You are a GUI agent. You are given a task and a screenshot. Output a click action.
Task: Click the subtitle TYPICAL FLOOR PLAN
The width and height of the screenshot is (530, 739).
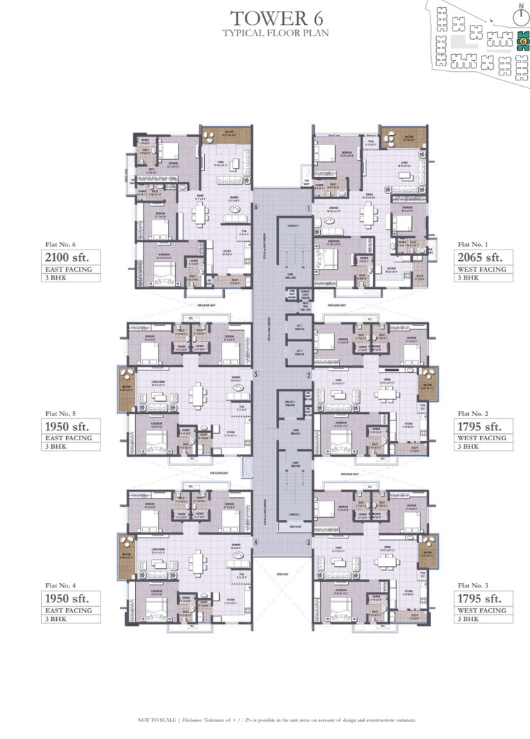265,33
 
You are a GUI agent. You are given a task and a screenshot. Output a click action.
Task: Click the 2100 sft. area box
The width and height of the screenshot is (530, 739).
70,257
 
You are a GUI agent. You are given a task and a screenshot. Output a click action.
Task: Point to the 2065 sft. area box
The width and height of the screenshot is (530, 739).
482,257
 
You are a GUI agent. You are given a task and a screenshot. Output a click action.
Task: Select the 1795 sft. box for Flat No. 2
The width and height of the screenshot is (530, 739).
482,427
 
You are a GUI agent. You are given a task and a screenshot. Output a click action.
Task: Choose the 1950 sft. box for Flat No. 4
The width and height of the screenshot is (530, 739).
70,599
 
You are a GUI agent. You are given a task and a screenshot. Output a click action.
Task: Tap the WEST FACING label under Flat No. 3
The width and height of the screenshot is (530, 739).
482,610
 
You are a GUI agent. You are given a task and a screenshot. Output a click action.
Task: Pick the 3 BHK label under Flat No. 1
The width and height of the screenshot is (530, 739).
468,278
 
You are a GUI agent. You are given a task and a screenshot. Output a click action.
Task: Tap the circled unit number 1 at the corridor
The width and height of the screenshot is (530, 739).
309,208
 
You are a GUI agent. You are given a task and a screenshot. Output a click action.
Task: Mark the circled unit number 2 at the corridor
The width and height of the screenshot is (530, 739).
309,375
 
